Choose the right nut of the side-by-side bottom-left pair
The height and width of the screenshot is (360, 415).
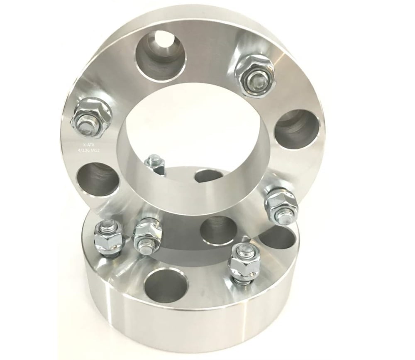(x=146, y=235)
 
